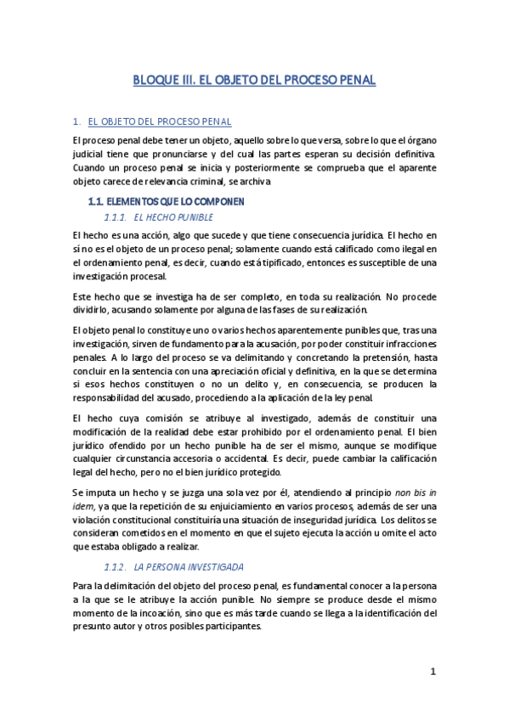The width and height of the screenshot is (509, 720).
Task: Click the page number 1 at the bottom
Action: pos(433,672)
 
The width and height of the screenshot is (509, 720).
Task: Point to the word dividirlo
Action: pos(91,311)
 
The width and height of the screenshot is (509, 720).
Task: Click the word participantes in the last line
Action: pos(232,627)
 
